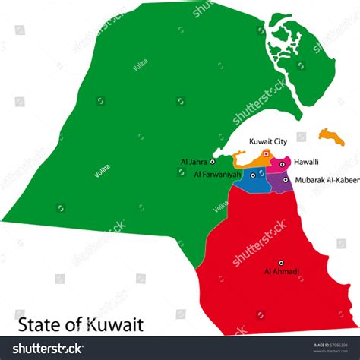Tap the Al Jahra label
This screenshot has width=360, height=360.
coord(194,161)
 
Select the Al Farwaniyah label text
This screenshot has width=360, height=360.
coord(217,175)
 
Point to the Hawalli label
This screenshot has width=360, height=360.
coord(307,162)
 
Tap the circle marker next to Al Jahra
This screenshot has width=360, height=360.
coord(213,161)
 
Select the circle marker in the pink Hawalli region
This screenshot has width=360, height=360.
coord(282,163)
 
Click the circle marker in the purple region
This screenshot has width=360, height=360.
coord(286,180)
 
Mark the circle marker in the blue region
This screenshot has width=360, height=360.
coord(253,175)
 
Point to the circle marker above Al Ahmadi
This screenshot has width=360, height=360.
coord(280,262)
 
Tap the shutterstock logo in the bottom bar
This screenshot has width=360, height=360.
coord(46,349)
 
